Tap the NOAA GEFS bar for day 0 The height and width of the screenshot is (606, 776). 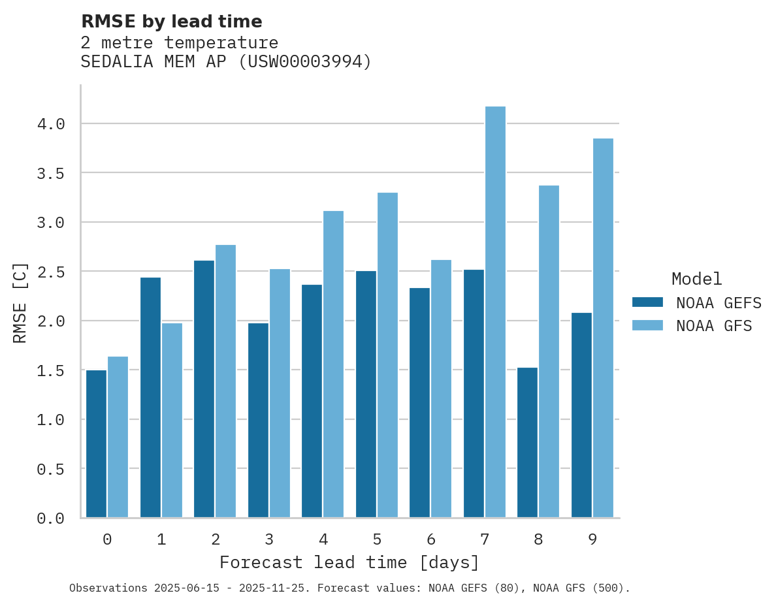click(96, 444)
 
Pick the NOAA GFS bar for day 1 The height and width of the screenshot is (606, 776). click(172, 421)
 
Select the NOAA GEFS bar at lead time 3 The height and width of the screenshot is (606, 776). click(258, 421)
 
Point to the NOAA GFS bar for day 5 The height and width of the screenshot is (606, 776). click(387, 355)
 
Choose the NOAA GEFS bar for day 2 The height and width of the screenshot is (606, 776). click(204, 389)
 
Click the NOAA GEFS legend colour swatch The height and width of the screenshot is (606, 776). click(647, 302)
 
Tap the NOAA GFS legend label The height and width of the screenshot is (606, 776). click(714, 326)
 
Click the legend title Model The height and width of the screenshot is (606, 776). click(696, 279)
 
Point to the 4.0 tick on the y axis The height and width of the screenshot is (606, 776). click(50, 124)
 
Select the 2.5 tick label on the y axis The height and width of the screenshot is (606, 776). click(50, 272)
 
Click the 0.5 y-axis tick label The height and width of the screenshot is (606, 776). click(50, 469)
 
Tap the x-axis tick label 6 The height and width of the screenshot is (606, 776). click(430, 539)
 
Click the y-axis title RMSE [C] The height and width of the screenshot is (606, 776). click(20, 302)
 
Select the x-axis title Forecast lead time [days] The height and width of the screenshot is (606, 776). click(349, 562)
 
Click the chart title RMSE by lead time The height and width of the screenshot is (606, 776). click(171, 22)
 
